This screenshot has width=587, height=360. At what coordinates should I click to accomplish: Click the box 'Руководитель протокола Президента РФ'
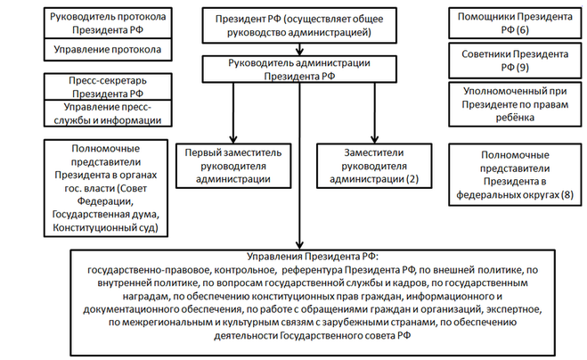108,23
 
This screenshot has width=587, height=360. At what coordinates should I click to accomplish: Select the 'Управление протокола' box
108,49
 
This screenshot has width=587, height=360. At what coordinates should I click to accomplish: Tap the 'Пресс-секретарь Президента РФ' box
108,87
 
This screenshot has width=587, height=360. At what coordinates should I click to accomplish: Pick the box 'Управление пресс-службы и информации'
108,113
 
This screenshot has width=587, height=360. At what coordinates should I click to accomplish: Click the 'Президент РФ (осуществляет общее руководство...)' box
299,25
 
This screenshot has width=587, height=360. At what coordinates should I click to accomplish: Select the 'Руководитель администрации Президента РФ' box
299,70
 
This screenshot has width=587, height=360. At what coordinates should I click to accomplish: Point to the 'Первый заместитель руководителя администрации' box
233,166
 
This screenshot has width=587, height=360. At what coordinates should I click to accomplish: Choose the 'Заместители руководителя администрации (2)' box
374,166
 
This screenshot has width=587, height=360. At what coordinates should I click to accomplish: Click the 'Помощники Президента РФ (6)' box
515,23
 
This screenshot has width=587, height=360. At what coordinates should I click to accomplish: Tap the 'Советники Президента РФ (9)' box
515,61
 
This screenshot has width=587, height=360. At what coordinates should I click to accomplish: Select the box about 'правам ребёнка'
515,104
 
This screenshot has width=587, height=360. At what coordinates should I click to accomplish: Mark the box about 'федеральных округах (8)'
515,175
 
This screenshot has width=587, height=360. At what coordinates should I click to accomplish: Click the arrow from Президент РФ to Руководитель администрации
299,49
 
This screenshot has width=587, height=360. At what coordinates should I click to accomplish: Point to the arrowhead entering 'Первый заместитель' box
233,139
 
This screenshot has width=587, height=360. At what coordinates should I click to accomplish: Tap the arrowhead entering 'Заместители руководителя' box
374,139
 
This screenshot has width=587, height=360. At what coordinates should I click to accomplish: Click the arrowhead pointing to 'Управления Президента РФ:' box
299,244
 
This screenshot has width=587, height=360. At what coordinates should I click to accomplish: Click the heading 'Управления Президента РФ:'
313,257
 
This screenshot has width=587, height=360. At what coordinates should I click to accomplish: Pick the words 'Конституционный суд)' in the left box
106,227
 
